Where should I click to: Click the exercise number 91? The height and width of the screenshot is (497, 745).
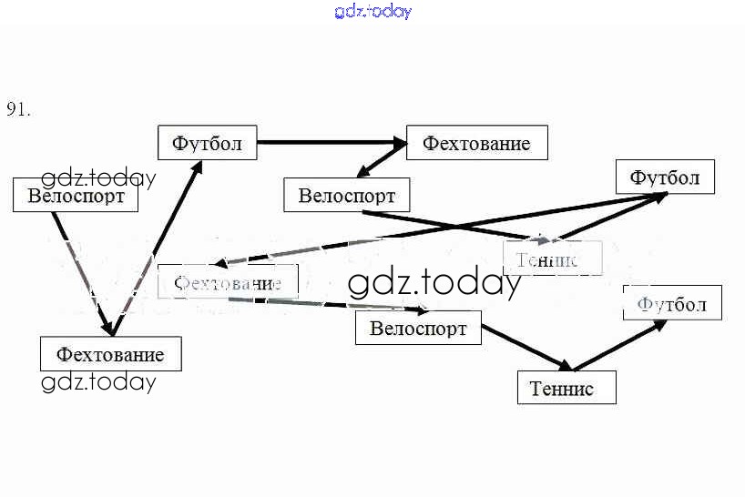pyautogui.click(x=18, y=109)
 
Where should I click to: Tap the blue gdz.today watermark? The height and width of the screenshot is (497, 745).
pyautogui.click(x=372, y=11)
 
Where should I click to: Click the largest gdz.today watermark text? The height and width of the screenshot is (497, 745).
pyautogui.click(x=434, y=284)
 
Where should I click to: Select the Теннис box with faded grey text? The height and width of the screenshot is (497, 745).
pyautogui.click(x=553, y=259)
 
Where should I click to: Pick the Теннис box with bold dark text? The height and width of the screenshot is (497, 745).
pyautogui.click(x=566, y=388)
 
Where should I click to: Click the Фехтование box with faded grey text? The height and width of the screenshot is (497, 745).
pyautogui.click(x=228, y=282)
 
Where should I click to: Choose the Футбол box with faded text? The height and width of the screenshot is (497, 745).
pyautogui.click(x=672, y=303)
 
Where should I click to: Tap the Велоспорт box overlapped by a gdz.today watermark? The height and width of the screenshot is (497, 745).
pyautogui.click(x=76, y=195)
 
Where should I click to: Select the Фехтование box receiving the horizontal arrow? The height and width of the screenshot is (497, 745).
pyautogui.click(x=476, y=143)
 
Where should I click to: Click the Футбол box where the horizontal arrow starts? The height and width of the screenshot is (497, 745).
pyautogui.click(x=207, y=143)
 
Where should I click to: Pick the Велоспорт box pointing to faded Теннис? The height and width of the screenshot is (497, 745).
pyautogui.click(x=346, y=195)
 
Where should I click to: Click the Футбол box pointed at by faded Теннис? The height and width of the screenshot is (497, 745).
pyautogui.click(x=665, y=177)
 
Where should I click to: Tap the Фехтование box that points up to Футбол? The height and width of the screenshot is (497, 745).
pyautogui.click(x=110, y=353)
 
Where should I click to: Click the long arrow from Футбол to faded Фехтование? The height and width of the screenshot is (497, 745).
pyautogui.click(x=437, y=228)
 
